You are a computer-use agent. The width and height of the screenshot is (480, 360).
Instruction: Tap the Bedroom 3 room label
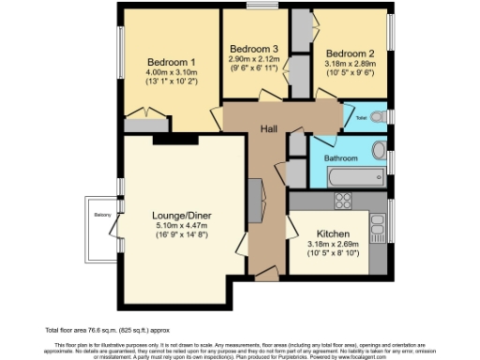(254, 49)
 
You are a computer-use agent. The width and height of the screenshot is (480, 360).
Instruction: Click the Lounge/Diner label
(180, 214)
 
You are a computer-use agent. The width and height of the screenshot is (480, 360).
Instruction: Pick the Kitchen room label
(334, 232)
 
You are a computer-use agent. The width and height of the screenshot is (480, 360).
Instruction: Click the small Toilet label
(361, 118)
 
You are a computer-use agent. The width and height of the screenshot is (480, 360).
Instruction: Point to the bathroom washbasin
(379, 150)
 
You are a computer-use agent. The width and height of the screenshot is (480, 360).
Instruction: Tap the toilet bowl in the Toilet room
(378, 117)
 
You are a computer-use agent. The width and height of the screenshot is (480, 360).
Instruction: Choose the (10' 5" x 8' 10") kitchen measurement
(334, 254)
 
